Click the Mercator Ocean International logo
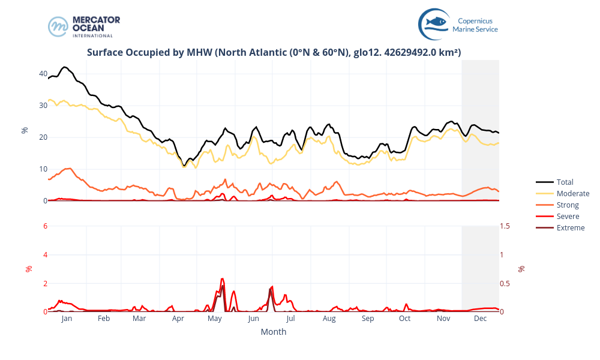pyautogui.click(x=84, y=26)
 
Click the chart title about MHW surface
pyautogui.click(x=274, y=52)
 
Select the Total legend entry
pyautogui.click(x=565, y=182)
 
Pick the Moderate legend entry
pyautogui.click(x=572, y=193)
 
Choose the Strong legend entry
pyautogui.click(x=568, y=205)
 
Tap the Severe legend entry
pyautogui.click(x=568, y=216)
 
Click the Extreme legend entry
pyautogui.click(x=570, y=227)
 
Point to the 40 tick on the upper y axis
pyautogui.click(x=43, y=74)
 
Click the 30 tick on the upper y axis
pyautogui.click(x=43, y=106)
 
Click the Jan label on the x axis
pyautogui.click(x=67, y=319)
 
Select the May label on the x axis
pyautogui.click(x=215, y=319)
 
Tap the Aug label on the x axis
pyautogui.click(x=329, y=319)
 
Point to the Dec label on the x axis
pyautogui.click(x=480, y=319)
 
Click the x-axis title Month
pyautogui.click(x=274, y=332)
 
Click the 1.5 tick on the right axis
pyautogui.click(x=506, y=226)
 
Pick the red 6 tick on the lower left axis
pyautogui.click(x=45, y=226)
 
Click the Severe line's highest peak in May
pyautogui.click(x=222, y=278)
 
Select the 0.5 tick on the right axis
pyautogui.click(x=506, y=283)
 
